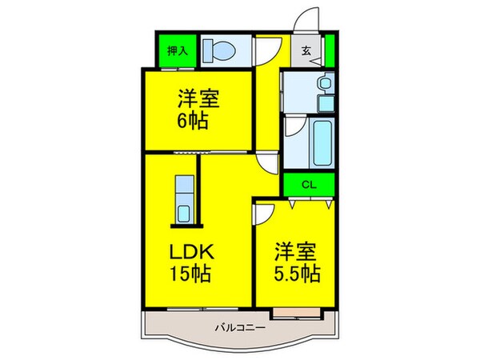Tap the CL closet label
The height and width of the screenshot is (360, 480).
[x=308, y=182]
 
